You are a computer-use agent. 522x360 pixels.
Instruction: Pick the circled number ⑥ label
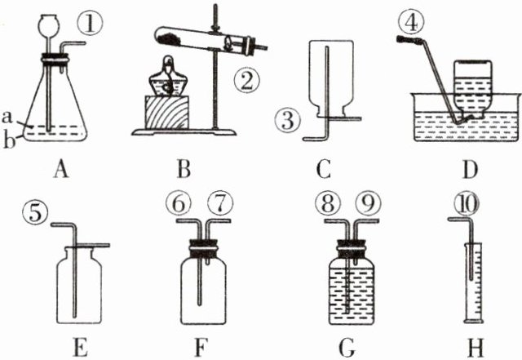click(x=180, y=202)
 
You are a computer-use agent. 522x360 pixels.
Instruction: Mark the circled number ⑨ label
click(x=371, y=202)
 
